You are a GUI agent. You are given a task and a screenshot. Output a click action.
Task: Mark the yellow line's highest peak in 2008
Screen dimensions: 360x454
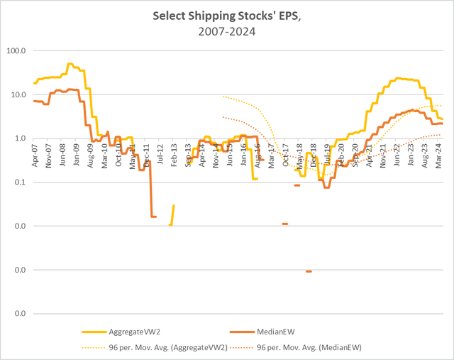pos(70,64)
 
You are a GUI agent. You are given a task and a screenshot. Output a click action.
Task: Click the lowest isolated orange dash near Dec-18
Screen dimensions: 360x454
pos(309,271)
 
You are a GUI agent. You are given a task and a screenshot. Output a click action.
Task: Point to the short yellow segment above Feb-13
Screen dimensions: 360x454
pos(172,213)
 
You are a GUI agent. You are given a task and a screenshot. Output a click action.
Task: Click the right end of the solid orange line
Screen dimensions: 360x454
pos(443,124)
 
